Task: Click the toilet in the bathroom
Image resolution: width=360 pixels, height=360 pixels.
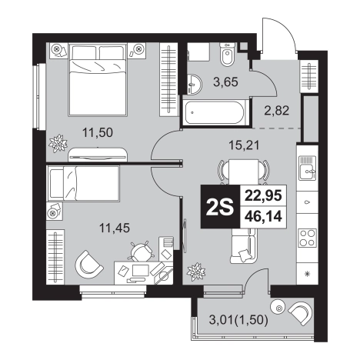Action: [227, 55]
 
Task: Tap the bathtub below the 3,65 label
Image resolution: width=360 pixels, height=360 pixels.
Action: [215, 113]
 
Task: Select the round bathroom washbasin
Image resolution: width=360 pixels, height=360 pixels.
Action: [195, 84]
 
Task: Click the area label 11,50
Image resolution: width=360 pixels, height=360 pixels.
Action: [98, 133]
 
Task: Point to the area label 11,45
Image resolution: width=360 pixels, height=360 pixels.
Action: [115, 228]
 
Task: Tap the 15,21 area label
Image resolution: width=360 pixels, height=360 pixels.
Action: [244, 145]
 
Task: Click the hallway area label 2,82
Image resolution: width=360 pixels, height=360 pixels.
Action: [277, 111]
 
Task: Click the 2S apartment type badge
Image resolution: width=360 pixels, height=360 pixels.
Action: [220, 207]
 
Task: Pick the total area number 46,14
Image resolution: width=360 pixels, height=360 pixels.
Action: [263, 217]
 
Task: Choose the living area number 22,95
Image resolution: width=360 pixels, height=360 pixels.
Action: [263, 195]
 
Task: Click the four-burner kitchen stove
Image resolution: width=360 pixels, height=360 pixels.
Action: [307, 238]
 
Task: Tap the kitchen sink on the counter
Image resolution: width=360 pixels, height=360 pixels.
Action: [307, 168]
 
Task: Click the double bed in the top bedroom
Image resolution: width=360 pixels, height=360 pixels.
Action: [98, 79]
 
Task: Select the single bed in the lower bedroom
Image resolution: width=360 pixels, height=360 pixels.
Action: [83, 183]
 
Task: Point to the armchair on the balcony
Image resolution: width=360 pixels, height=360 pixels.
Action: [301, 313]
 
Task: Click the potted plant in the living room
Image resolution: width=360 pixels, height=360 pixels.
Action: [196, 272]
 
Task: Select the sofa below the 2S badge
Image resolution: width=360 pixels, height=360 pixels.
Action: [243, 245]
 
